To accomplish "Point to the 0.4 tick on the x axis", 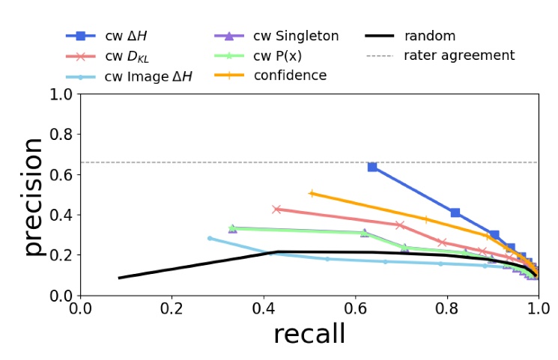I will (264, 309).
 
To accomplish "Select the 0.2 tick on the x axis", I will (172, 309).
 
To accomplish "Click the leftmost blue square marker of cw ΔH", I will (372, 167).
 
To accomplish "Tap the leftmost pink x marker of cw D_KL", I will (276, 210).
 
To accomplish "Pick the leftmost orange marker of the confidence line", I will (312, 193).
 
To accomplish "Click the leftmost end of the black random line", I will (119, 278).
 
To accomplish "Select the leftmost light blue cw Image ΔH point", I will (210, 238).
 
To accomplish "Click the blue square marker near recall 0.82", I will (455, 213).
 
